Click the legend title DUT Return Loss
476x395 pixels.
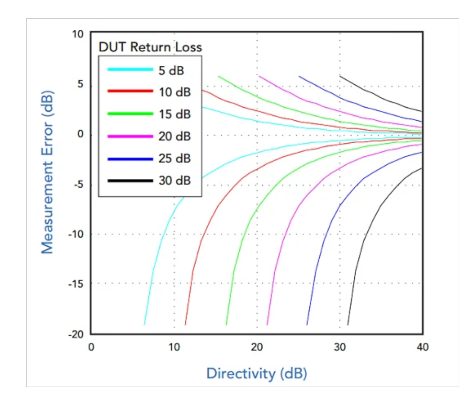click(x=150, y=47)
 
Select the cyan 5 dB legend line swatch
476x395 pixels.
click(x=130, y=70)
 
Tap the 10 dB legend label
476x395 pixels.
click(x=175, y=92)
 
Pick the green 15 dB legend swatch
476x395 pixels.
click(x=130, y=114)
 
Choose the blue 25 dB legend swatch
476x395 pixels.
click(x=130, y=159)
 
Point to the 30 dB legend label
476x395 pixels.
click(x=175, y=180)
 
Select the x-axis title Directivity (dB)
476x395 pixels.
click(x=257, y=373)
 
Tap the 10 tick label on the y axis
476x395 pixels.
click(x=77, y=34)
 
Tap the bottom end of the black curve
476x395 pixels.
click(x=348, y=324)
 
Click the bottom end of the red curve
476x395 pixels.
click(x=185, y=324)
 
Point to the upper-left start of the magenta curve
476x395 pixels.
click(x=259, y=76)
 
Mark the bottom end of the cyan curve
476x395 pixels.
click(x=144, y=324)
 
